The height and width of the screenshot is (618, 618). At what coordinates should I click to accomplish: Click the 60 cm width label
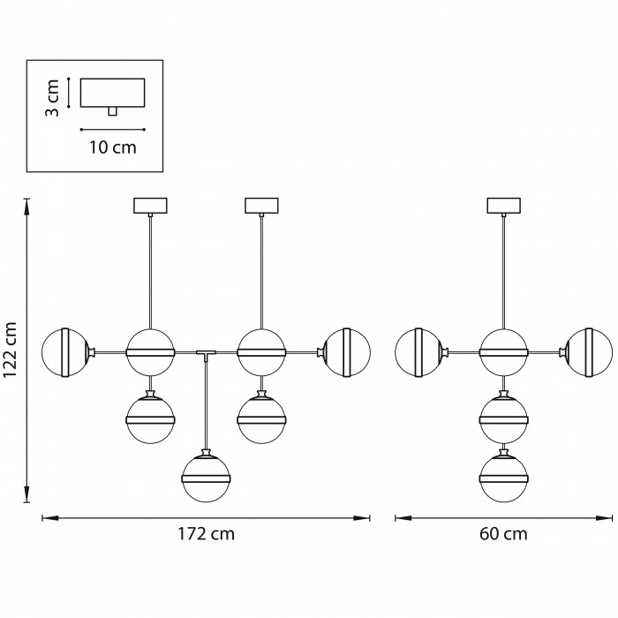pos(504,534)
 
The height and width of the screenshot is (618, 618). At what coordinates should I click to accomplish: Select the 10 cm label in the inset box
pos(113,147)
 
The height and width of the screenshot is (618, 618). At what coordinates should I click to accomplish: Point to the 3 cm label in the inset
pos(53,98)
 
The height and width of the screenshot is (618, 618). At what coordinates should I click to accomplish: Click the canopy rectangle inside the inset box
pos(112,93)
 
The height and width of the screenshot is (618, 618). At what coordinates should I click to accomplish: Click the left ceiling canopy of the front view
pos(149,206)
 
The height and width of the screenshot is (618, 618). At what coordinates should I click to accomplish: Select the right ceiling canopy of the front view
pos(261,206)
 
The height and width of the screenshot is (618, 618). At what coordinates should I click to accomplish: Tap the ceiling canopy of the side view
pos(504,206)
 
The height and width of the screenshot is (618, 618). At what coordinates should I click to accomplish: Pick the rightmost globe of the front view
pos(346,351)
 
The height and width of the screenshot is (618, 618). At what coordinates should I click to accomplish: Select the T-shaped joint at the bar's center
pos(206,354)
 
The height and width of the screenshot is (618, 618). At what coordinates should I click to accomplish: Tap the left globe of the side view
pos(418,351)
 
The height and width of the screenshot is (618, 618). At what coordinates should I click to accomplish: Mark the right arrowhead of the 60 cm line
pos(607,517)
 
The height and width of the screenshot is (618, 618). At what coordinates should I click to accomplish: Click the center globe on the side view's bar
pos(504,351)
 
